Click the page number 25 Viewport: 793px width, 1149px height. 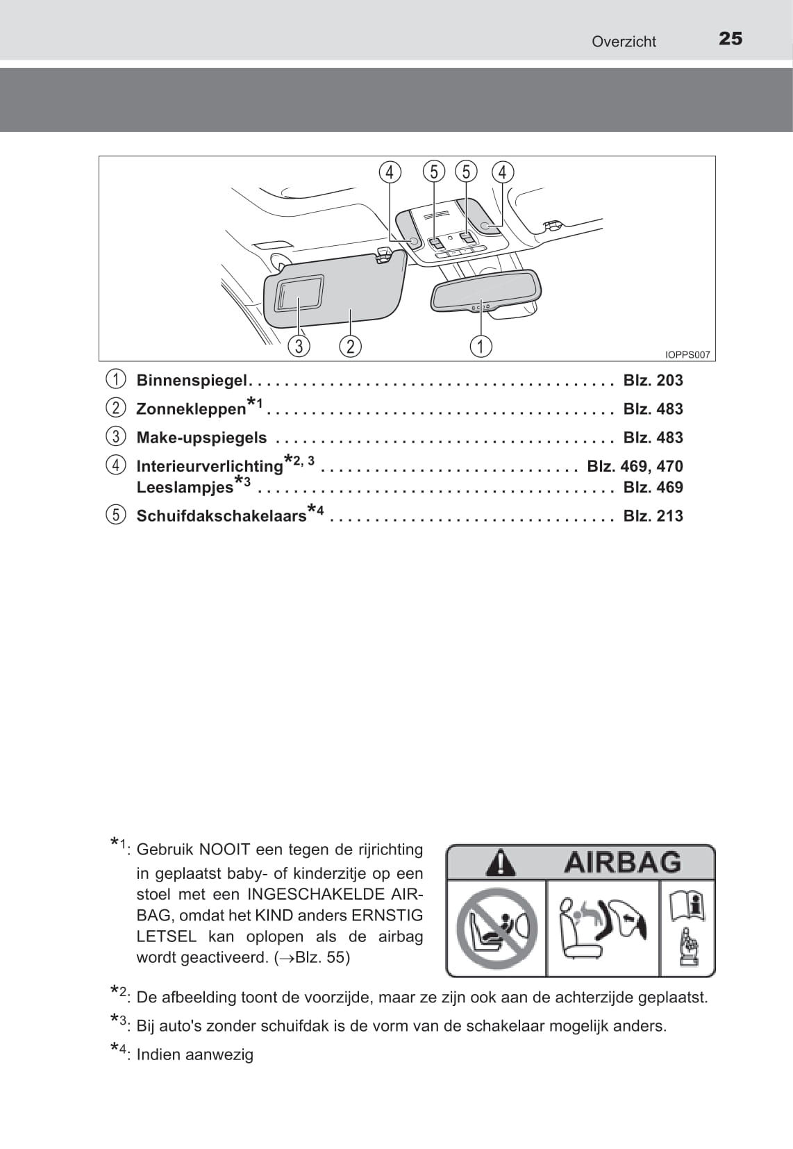[x=731, y=39]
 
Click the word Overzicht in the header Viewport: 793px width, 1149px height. [x=624, y=42]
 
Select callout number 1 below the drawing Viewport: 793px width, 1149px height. [x=481, y=345]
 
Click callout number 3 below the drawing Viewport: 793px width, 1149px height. [x=299, y=345]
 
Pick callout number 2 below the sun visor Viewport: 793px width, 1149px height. [x=351, y=345]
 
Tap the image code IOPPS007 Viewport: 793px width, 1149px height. [x=687, y=355]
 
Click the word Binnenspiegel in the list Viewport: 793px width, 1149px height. [x=192, y=380]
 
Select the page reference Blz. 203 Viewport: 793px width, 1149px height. [x=653, y=380]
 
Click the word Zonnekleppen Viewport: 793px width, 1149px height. [x=191, y=409]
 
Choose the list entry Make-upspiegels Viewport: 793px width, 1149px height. [x=201, y=438]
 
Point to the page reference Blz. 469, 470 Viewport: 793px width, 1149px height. [x=635, y=466]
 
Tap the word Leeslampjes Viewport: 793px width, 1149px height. [x=185, y=488]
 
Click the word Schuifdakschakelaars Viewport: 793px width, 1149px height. [x=221, y=516]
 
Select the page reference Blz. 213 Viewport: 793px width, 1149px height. [x=653, y=516]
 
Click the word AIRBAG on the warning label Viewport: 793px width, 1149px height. [x=622, y=862]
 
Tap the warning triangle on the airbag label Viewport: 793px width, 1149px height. [x=500, y=863]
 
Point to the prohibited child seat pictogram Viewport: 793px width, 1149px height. [x=496, y=928]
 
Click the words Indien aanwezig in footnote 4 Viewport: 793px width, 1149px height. [x=194, y=1055]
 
